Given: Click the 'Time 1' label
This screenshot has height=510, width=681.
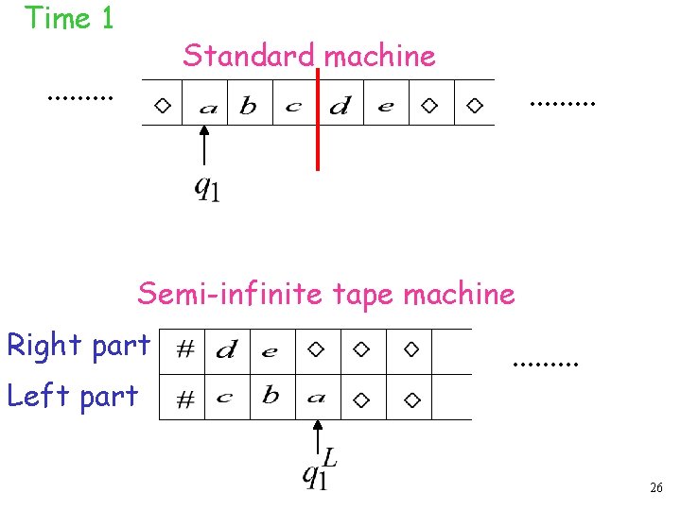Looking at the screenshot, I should tap(69, 18).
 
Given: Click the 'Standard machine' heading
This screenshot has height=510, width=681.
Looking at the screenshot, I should tap(309, 56).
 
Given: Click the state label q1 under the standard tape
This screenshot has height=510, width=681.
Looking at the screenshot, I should tap(207, 189).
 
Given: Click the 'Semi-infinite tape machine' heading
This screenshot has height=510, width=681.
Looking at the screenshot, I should tap(326, 294).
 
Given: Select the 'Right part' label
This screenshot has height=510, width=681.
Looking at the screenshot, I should tap(79, 346).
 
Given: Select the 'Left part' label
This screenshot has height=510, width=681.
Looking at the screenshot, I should tap(73, 396).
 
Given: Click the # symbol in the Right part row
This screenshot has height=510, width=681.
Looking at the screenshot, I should tap(186, 350).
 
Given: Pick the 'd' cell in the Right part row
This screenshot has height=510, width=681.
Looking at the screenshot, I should tap(226, 351).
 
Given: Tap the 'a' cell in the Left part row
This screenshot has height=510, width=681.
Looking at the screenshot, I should tap(316, 398).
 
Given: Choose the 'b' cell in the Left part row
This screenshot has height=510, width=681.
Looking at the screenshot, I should tap(271, 396).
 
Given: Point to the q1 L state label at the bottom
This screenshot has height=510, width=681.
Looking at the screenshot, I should tap(319, 469).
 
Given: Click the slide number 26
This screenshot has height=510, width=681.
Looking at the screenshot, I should tap(655, 488).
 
